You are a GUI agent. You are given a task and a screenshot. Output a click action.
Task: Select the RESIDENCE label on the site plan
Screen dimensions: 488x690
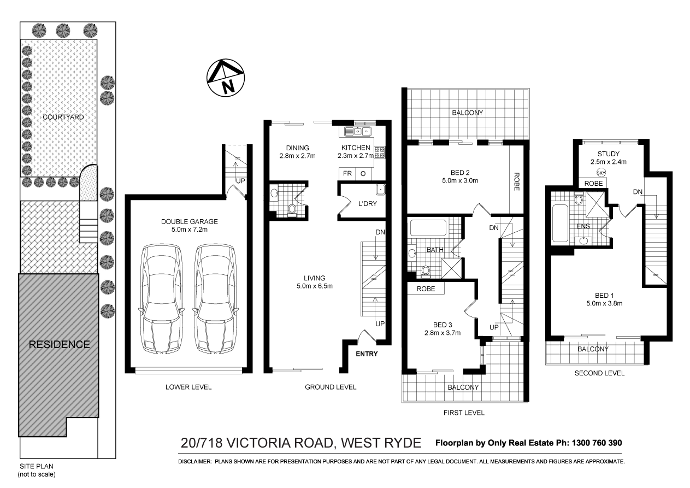coord(59,345)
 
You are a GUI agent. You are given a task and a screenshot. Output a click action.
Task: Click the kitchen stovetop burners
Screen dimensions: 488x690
coord(380,152)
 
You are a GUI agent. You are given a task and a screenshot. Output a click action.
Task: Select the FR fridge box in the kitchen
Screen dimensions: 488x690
coord(347,174)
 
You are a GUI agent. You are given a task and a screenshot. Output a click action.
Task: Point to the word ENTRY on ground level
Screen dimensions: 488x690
coord(367,354)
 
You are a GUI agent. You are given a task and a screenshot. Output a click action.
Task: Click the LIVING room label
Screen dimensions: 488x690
coord(315,278)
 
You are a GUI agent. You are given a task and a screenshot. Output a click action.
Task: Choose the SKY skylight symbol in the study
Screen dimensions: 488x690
coord(601,173)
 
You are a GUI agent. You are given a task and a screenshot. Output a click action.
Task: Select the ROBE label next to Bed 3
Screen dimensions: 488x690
coord(426,289)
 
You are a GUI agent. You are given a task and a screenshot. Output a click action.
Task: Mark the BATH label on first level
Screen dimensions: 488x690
coord(434,250)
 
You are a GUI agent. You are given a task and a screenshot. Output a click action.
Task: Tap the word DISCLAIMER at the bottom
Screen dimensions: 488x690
coord(194,462)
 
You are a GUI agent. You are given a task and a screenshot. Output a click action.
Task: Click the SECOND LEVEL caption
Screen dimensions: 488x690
coord(599,373)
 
